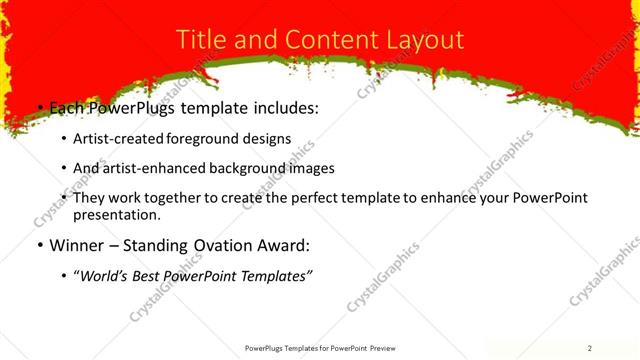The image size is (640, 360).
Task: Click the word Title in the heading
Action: coord(199,39)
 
